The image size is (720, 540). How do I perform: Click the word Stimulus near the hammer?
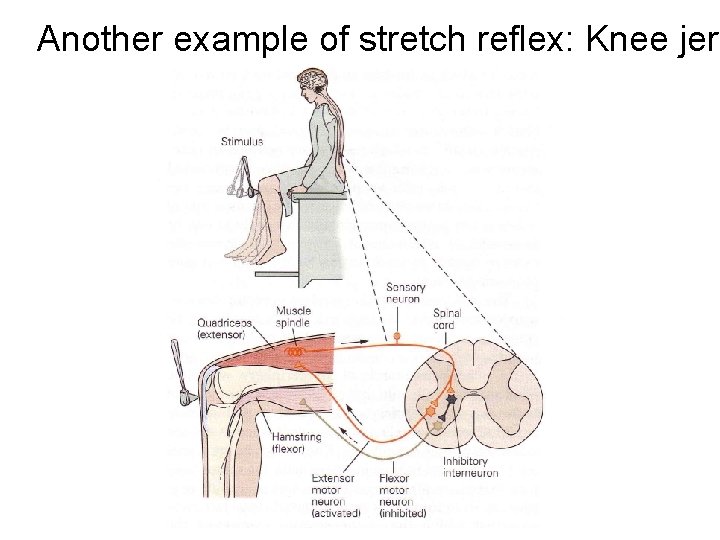coord(242,142)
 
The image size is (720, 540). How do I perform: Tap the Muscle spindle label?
coord(294,316)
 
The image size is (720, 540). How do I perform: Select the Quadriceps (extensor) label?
coord(226,329)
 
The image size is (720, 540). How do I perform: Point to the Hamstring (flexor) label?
coord(296,443)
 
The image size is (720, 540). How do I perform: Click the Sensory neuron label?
coord(404,294)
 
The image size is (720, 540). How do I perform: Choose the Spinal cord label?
coord(447,320)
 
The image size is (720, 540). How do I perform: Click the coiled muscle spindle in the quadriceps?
coord(293,352)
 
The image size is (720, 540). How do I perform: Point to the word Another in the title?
coord(98,39)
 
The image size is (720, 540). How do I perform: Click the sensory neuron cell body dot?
coord(397,337)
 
